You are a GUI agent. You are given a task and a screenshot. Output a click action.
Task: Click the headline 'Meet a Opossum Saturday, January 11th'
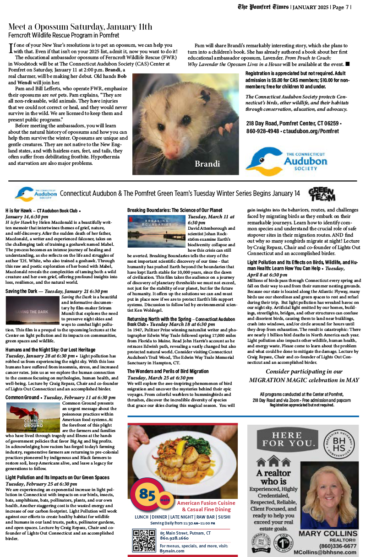pos(80,27)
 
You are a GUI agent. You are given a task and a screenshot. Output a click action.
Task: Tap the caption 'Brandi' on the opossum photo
pos(208,164)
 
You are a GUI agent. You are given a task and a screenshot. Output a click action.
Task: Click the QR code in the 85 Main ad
pos(144,540)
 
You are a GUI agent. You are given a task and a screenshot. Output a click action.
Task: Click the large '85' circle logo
pos(148,495)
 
